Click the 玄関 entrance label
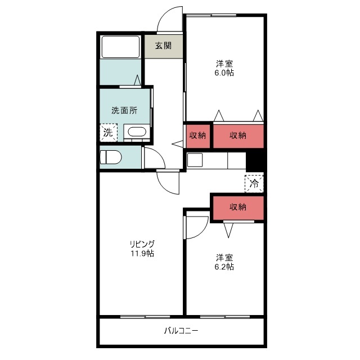[163, 46]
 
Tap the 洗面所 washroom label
[124, 111]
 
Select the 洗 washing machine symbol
[109, 133]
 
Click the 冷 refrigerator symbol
[254, 184]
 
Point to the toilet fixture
[111, 157]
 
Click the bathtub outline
[120, 47]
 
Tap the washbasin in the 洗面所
[137, 132]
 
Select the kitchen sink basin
[195, 160]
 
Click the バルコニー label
[181, 331]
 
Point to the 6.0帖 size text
[224, 73]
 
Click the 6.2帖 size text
[224, 267]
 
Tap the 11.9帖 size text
[142, 254]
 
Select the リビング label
[142, 244]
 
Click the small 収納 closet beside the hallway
[197, 136]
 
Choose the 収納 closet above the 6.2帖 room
[238, 208]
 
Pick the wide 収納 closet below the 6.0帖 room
[238, 136]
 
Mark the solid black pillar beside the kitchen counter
[255, 161]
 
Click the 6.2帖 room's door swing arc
[202, 232]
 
